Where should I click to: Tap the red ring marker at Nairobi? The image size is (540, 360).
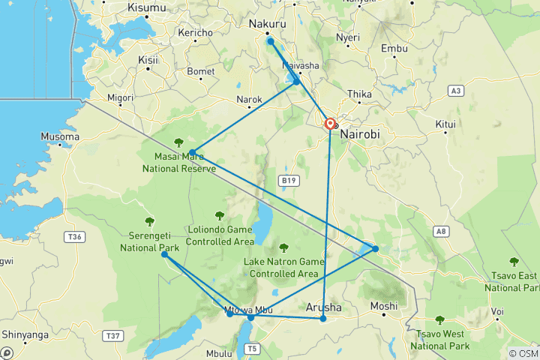pos(330,124)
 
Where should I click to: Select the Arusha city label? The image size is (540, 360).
pos(325,307)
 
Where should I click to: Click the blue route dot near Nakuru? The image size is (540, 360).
pos(270,41)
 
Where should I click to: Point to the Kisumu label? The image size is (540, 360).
pos(147,7)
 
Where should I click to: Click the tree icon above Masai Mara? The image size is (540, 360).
pos(179,142)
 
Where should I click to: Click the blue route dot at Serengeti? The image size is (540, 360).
pos(164,255)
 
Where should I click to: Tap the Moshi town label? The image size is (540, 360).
pos(384,306)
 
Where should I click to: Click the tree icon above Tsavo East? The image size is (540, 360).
pos(514,262)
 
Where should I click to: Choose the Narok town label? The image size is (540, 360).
pos(249,99)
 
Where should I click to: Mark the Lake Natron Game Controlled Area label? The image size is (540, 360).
pos(285,268)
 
